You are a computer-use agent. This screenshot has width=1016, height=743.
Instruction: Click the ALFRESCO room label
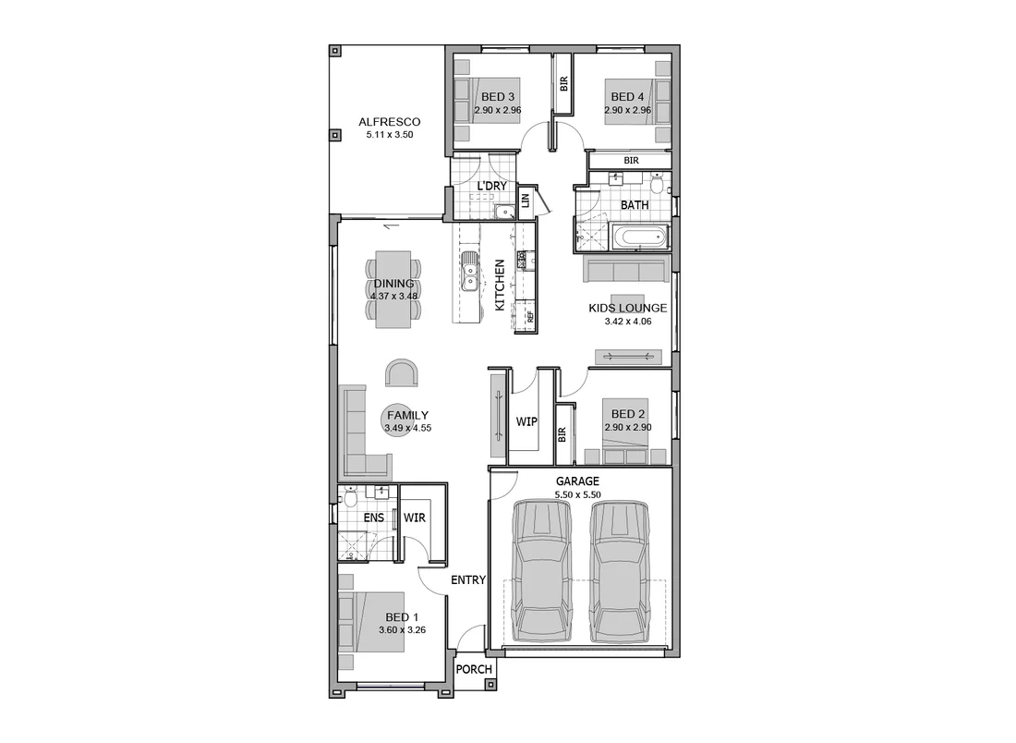tap(389, 122)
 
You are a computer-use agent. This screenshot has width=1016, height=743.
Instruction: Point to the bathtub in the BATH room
tap(642, 238)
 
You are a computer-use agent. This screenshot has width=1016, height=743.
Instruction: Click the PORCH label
tap(475, 670)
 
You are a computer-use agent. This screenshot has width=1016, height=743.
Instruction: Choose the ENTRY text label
tap(468, 580)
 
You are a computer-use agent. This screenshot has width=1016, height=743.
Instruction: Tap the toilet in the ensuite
tap(349, 499)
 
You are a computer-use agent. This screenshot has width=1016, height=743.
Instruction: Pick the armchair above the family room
tap(403, 373)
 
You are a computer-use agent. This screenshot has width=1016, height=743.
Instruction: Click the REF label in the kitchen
tap(530, 315)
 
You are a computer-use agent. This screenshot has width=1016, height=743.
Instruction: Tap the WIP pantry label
tap(526, 421)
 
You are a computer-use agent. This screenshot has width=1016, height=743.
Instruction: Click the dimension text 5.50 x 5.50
tap(577, 495)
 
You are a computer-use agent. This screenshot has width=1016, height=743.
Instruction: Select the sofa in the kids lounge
tap(625, 271)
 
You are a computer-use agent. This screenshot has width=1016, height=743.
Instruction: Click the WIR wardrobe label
tap(415, 518)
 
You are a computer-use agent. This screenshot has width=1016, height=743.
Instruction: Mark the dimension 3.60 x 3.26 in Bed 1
tap(402, 630)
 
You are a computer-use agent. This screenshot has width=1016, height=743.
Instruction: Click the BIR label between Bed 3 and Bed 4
tap(563, 82)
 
